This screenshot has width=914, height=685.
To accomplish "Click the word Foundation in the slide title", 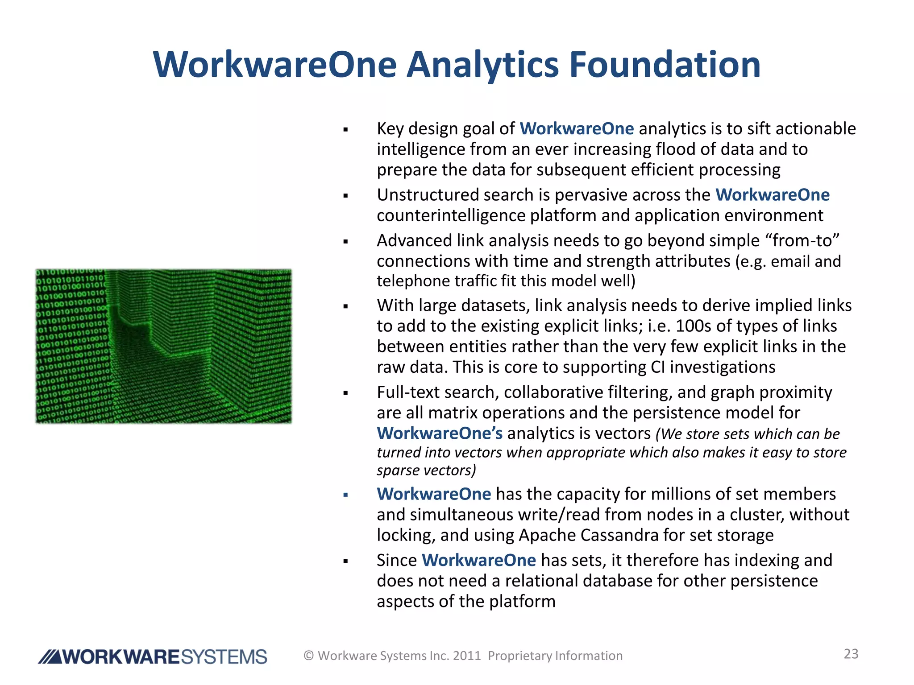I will coord(665,65).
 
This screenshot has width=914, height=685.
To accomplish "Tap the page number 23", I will coord(851,654).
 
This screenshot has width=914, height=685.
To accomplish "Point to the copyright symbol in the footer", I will coord(309,656).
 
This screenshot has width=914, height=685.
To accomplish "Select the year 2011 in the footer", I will coord(467,656).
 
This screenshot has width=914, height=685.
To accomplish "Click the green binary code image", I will coord(163,346).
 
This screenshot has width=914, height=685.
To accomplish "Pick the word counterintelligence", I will coord(451,216).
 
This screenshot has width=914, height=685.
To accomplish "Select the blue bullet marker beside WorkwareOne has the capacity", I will coord(345,495).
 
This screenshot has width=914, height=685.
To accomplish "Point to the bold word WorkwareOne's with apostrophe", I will coord(440,433).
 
